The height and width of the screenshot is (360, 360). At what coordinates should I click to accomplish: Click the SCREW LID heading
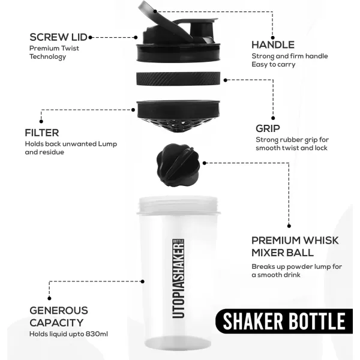59,37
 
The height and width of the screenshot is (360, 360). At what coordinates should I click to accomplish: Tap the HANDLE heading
273,45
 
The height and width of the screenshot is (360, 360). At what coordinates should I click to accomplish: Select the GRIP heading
268,128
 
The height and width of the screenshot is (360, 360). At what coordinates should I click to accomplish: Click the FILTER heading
42,133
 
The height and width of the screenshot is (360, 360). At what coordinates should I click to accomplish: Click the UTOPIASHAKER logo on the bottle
178,278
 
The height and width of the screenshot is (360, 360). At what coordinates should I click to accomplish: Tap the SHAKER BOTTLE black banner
284,321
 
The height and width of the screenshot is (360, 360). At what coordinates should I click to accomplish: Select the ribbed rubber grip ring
178,78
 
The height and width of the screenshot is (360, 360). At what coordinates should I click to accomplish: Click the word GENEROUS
59,310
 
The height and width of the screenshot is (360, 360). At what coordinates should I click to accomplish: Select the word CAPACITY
56,323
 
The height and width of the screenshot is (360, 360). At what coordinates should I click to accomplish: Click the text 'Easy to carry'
274,65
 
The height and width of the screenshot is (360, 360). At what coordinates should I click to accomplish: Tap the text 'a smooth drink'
276,275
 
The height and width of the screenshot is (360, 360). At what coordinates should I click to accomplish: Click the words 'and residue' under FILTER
44,152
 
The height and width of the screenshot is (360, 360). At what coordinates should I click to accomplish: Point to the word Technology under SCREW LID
48,57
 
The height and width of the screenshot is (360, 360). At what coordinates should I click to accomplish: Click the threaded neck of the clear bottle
178,205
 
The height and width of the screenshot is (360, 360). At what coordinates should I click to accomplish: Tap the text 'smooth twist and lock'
292,148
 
